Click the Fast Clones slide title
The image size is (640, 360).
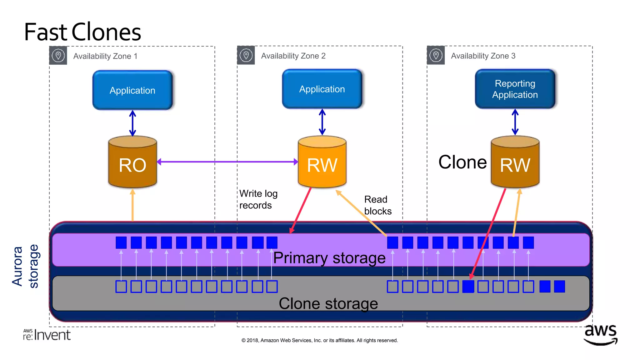(82, 32)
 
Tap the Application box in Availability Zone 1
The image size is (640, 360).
(132, 90)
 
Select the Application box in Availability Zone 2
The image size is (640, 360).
(322, 89)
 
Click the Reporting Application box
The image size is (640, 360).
(515, 89)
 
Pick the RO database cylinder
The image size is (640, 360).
(132, 162)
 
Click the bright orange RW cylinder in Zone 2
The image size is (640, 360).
(322, 162)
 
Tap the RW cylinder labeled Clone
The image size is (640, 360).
(515, 162)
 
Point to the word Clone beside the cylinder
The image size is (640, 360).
(462, 162)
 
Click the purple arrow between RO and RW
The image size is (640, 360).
(227, 162)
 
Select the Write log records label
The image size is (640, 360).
(258, 199)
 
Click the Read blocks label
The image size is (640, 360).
(377, 205)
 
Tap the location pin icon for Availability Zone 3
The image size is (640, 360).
(436, 56)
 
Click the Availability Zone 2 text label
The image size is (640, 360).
(293, 56)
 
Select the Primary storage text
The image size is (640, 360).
(329, 258)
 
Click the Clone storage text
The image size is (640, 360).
(328, 303)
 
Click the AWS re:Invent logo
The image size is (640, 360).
(47, 335)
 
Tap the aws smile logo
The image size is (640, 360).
(600, 335)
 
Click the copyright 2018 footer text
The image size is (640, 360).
(319, 340)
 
